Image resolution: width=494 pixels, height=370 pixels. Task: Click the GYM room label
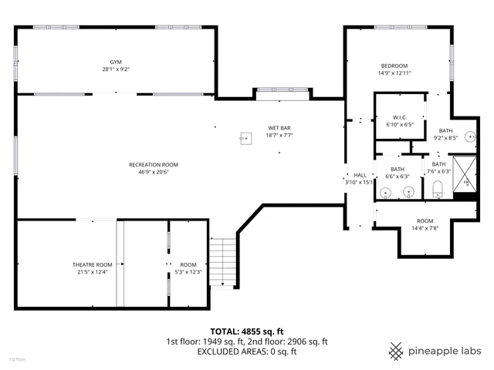click(116, 62)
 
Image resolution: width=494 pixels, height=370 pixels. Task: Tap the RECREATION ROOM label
click(154, 164)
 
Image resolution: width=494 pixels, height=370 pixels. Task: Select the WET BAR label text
click(279, 128)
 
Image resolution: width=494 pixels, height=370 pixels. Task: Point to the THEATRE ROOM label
click(93, 264)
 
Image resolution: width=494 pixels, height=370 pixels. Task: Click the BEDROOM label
click(394, 66)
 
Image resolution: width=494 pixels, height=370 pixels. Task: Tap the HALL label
click(360, 175)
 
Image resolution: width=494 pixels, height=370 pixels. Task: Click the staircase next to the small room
click(222, 262)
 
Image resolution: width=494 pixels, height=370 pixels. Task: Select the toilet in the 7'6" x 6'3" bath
click(437, 188)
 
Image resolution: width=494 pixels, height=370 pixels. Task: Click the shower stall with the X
click(465, 173)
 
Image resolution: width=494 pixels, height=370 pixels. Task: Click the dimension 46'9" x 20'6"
click(154, 172)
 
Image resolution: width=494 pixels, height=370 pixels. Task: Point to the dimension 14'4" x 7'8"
click(425, 228)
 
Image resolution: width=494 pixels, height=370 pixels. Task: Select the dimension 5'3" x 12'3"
click(189, 271)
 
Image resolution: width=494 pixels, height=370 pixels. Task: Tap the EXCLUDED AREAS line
click(247, 351)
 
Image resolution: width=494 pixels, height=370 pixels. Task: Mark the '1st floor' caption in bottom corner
click(17, 359)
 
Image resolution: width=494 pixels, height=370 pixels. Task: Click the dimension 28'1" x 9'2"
click(116, 69)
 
